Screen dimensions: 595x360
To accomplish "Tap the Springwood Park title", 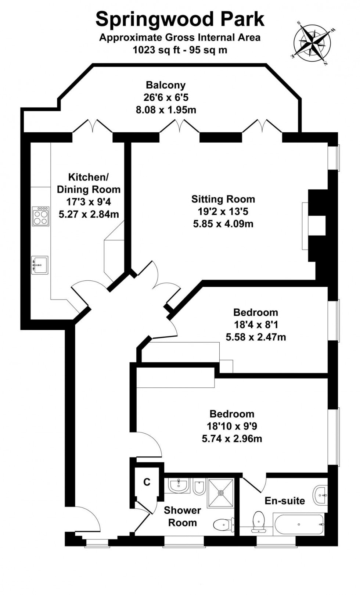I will (x=180, y=19).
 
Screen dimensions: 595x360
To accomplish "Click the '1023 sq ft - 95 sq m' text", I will (x=180, y=50).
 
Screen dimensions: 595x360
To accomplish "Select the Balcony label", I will (x=166, y=85).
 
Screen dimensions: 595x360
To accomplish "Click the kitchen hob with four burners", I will (x=40, y=216).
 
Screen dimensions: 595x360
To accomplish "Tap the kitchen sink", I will (x=39, y=265).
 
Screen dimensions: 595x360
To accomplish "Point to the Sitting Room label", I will (x=223, y=199).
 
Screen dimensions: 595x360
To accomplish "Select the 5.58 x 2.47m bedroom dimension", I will (x=256, y=337).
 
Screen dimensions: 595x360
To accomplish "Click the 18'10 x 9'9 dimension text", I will (x=232, y=426).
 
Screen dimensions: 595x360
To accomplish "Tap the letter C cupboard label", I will (x=147, y=482).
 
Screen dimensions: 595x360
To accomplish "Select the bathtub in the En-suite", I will (x=298, y=524).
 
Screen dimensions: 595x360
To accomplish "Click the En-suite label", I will (x=285, y=501).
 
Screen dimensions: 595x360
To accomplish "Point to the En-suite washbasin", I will (x=320, y=495).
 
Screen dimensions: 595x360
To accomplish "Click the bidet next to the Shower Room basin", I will (x=199, y=486).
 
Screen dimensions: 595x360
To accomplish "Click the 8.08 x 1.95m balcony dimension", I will (x=166, y=110).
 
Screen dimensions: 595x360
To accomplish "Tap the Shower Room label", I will (x=182, y=516).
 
